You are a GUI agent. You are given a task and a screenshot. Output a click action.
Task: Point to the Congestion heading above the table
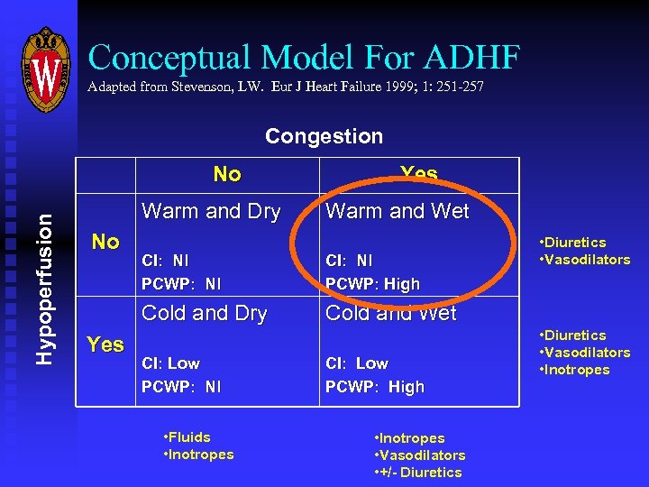tap(324, 136)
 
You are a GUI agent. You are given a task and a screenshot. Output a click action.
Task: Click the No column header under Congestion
tap(227, 174)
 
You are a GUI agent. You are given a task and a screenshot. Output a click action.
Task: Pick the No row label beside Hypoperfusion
tap(105, 242)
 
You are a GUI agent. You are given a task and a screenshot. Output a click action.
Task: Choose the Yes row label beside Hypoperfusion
tap(105, 344)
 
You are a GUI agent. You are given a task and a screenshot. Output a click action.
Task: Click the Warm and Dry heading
tap(211, 211)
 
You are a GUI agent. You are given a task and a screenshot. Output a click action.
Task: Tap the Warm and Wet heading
tap(398, 211)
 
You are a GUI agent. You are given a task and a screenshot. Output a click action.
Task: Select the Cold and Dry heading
tap(205, 313)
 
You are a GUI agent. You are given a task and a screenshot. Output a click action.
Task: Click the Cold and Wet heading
tap(391, 313)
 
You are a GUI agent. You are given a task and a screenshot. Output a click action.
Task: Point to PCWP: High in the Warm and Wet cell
tap(373, 283)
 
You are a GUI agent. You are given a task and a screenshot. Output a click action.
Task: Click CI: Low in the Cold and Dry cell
tap(171, 363)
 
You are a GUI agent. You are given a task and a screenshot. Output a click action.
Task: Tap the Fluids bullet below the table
tap(187, 436)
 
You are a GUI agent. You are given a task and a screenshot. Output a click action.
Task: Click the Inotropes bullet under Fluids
tap(199, 455)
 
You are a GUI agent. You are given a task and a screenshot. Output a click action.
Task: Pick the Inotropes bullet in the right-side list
tap(574, 370)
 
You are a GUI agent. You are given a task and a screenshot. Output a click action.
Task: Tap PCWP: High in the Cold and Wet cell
tap(375, 386)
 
